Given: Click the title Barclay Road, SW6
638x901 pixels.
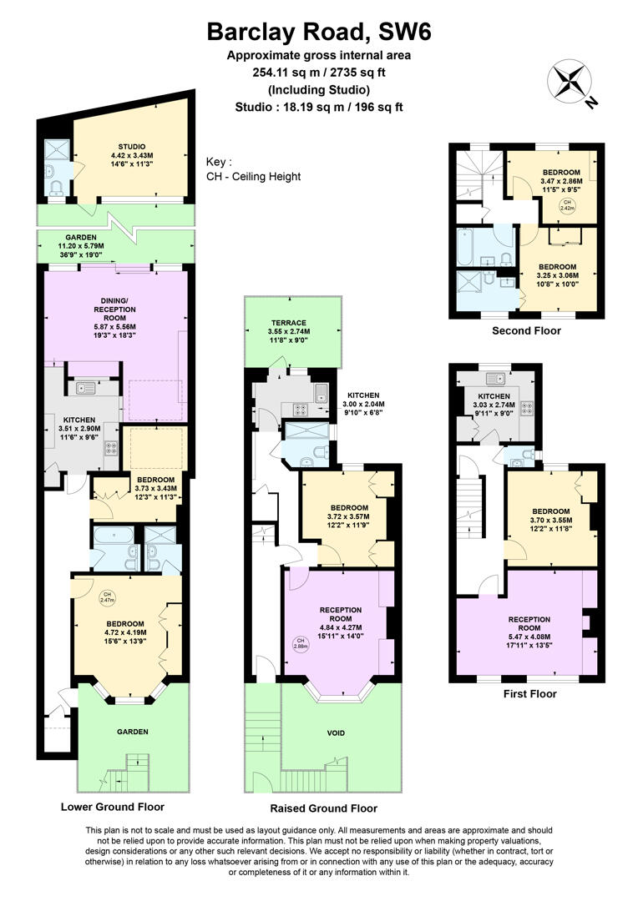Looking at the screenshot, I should pos(320,33).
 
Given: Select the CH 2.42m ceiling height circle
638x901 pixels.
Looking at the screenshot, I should pos(566,206).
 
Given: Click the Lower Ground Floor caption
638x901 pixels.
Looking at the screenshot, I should pos(112,807).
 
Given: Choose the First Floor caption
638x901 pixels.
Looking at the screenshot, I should pos(530,693).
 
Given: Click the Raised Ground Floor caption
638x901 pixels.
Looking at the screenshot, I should pos(323,808).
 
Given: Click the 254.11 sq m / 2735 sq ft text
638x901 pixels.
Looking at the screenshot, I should pos(320,73).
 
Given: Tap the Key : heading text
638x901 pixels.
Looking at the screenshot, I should pos(219,162).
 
